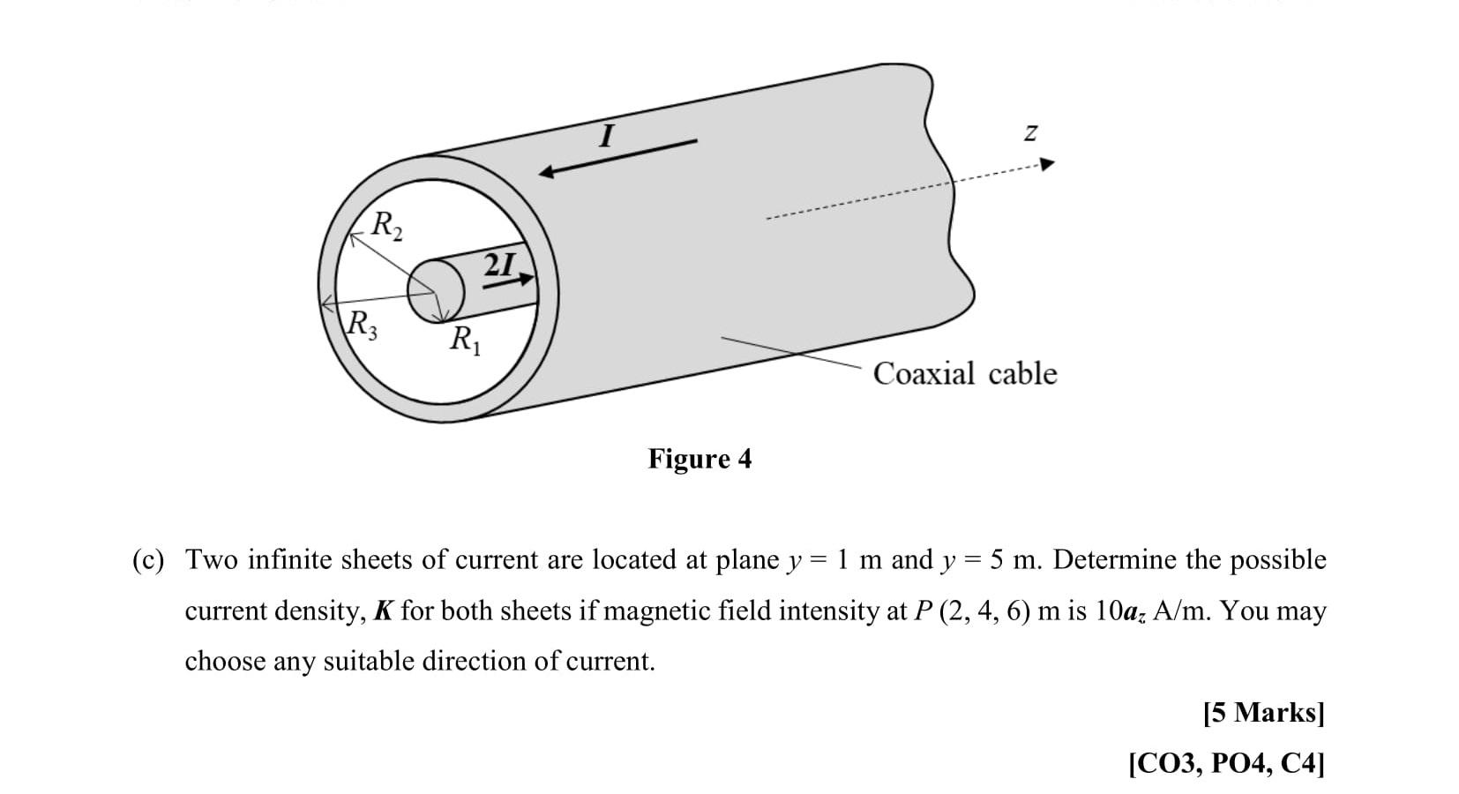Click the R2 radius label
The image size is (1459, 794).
(386, 226)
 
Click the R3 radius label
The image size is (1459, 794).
(363, 326)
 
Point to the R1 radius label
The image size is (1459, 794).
(465, 338)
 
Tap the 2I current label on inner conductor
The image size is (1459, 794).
(500, 264)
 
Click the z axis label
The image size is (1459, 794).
(1029, 132)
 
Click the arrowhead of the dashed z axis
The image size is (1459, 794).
(1047, 164)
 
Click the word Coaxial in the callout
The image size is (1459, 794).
(924, 373)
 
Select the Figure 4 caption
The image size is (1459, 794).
(700, 459)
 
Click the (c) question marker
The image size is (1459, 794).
(148, 560)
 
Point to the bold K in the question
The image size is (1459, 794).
(383, 610)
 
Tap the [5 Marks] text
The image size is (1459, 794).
(1263, 712)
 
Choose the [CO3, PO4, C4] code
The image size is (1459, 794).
(1226, 762)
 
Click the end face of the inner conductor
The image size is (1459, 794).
(436, 290)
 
